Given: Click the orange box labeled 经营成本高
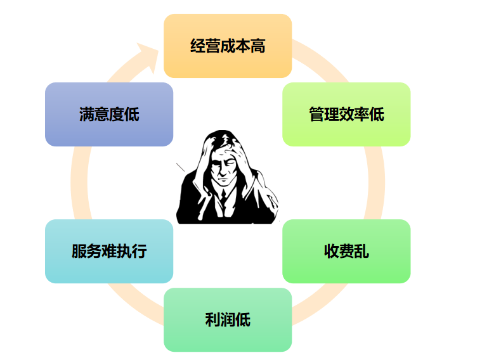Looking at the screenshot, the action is click(228, 46).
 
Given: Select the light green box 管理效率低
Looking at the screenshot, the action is click(346, 114).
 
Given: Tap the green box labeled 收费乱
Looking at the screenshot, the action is click(346, 251).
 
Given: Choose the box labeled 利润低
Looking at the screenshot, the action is click(228, 320).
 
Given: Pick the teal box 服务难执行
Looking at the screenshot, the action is click(109, 251).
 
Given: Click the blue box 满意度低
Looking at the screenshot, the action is click(109, 114).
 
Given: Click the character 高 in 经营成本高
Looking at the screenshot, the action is click(257, 46).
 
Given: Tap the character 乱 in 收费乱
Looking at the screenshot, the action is click(361, 251).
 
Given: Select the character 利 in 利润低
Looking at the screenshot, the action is click(212, 320).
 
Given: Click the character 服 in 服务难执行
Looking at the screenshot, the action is click(79, 251).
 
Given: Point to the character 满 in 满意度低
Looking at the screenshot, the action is click(87, 114).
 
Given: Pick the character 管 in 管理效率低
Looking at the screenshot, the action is click(316, 114).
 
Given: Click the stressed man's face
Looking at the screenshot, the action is click(223, 167).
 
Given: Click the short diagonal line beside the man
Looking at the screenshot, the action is click(181, 167).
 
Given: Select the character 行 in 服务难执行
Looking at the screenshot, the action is click(139, 251).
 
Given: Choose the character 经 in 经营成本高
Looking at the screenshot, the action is click(198, 46).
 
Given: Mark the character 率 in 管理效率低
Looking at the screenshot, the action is click(361, 114).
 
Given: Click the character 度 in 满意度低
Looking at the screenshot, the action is click(117, 114).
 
